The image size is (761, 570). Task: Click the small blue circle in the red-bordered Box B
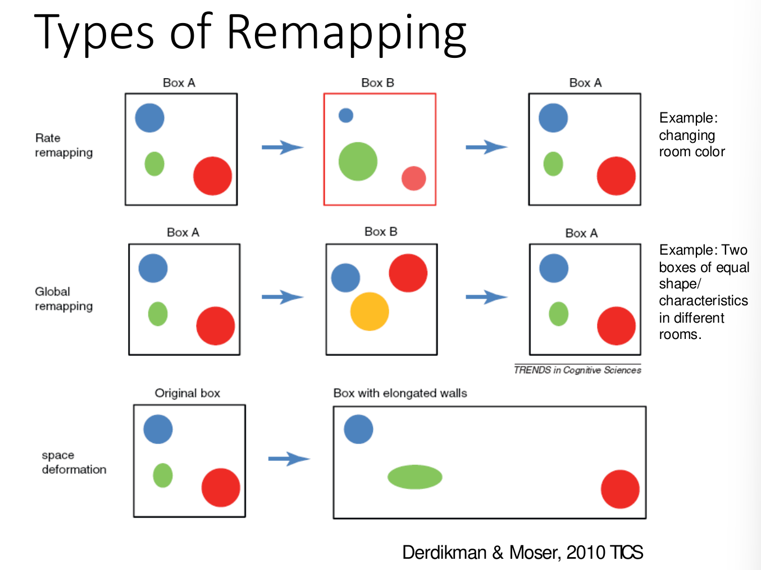point(346,115)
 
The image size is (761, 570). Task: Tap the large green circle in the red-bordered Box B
point(358,161)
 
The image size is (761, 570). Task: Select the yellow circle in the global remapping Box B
point(370,311)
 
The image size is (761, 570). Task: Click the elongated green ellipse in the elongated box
point(415,477)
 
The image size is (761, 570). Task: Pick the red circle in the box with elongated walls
point(620,489)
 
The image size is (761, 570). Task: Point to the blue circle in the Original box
point(158,429)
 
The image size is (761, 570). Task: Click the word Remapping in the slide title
point(347,33)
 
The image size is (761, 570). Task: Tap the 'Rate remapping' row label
point(63,145)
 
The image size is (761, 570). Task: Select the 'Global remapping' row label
point(63,298)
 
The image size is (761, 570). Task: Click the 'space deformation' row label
point(74,462)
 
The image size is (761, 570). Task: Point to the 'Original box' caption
point(188,393)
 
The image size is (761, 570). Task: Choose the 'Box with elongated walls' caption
point(400,393)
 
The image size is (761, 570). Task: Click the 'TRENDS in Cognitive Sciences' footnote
point(577,370)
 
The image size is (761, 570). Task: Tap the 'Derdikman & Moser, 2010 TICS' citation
point(522,553)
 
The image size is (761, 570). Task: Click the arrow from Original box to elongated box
point(289,459)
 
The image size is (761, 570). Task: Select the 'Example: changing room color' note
point(691,135)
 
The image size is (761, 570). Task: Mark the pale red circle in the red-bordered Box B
point(413,178)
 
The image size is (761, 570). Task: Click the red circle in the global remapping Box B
point(408,273)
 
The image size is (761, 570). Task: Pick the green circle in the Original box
point(163,476)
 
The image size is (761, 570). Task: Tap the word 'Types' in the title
point(94,33)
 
